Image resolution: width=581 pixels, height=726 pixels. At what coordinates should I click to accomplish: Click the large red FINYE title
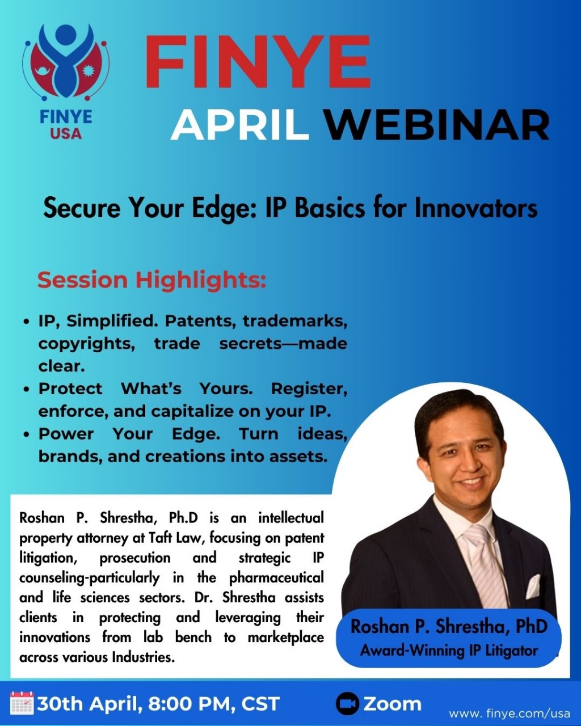pyautogui.click(x=257, y=62)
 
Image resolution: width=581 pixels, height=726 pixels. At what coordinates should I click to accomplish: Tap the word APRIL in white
pyautogui.click(x=240, y=125)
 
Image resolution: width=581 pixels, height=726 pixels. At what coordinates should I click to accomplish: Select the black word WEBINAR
pyautogui.click(x=438, y=125)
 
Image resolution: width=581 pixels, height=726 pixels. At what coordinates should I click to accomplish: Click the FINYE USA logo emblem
pyautogui.click(x=66, y=63)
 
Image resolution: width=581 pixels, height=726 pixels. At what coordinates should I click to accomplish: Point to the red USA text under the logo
pyautogui.click(x=66, y=134)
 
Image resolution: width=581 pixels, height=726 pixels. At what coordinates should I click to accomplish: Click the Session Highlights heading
pyautogui.click(x=151, y=280)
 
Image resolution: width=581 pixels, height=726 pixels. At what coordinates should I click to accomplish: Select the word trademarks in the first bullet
pyautogui.click(x=294, y=322)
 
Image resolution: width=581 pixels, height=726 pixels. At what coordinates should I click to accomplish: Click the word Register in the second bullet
pyautogui.click(x=309, y=389)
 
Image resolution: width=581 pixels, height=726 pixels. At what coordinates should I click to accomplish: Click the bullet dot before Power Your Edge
pyautogui.click(x=26, y=434)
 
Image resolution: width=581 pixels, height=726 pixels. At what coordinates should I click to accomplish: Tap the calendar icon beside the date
pyautogui.click(x=22, y=703)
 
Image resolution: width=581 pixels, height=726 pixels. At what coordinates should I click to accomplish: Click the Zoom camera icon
pyautogui.click(x=347, y=703)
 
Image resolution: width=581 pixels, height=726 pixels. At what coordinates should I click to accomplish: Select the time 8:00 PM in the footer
pyautogui.click(x=190, y=704)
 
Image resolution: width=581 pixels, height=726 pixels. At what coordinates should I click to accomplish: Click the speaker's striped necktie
pyautogui.click(x=485, y=567)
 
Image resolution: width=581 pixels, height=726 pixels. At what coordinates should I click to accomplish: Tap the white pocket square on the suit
pyautogui.click(x=533, y=588)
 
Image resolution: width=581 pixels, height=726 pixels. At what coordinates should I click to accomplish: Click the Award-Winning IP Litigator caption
pyautogui.click(x=449, y=650)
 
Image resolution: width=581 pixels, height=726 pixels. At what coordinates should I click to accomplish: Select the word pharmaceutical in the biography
pyautogui.click(x=276, y=578)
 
